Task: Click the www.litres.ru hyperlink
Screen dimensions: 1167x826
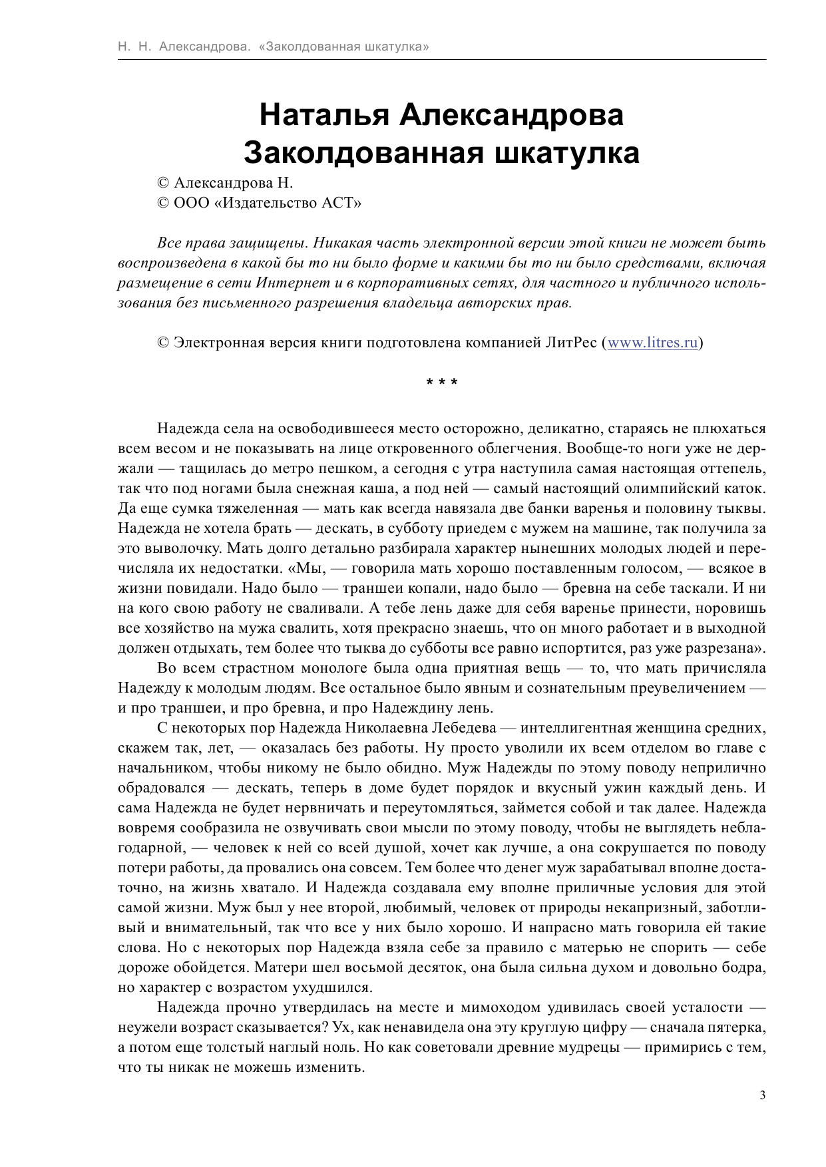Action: point(652,343)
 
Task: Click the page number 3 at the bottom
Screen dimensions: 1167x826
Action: point(762,1096)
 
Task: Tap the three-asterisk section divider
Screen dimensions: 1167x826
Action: point(441,383)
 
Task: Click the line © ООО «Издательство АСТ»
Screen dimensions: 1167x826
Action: point(259,203)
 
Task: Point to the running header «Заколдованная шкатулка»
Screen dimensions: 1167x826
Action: point(343,47)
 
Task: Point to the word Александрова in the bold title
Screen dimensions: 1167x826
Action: point(511,115)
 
